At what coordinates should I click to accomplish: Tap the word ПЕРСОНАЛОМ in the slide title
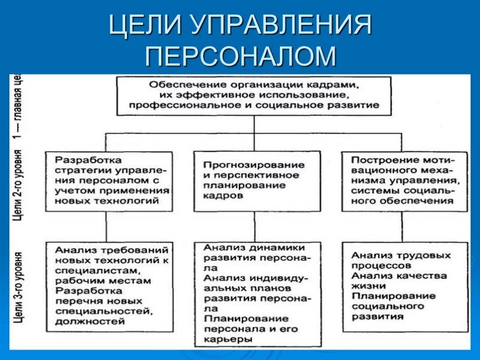(x=240, y=56)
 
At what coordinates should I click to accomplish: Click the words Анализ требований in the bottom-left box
(x=111, y=250)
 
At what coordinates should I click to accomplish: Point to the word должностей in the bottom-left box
(x=90, y=322)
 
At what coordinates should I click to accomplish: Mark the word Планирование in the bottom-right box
(x=394, y=296)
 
